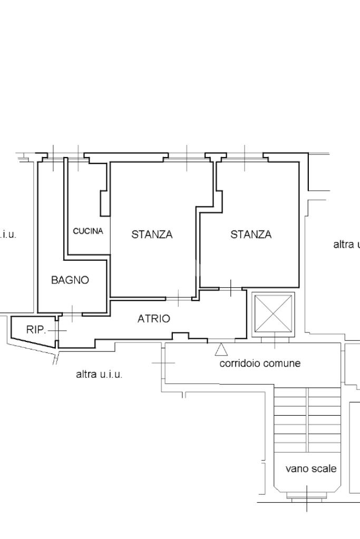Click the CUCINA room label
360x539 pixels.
(88, 231)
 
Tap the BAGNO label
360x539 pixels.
(70, 280)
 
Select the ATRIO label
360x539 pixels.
(154, 319)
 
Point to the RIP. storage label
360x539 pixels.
(36, 330)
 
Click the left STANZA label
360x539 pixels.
(152, 234)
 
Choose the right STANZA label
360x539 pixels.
(251, 234)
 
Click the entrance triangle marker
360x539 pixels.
(221, 349)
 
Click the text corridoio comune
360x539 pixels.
(260, 363)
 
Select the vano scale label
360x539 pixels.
(311, 468)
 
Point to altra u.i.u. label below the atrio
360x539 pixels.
(99, 374)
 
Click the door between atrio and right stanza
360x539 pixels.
(231, 288)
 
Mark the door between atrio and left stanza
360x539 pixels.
(179, 298)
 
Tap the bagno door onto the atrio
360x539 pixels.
(72, 313)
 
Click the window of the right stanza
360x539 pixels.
(245, 159)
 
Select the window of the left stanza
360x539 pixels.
(187, 159)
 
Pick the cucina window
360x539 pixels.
(79, 159)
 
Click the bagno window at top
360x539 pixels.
(54, 159)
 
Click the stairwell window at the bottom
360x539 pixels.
(307, 497)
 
